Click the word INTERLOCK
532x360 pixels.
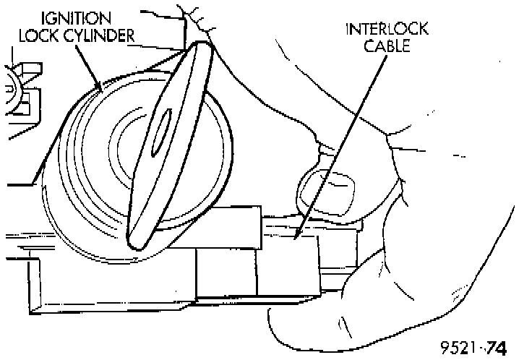(x=387, y=30)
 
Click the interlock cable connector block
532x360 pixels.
(x=289, y=260)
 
